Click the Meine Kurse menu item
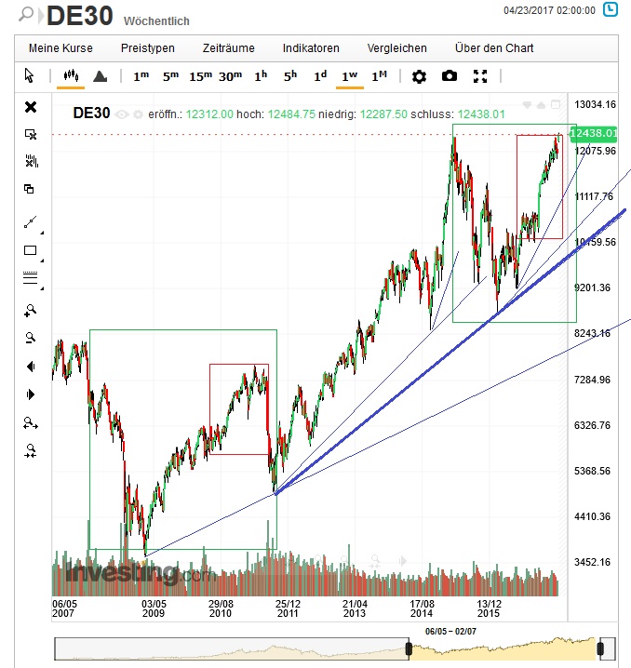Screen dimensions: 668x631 point(60,48)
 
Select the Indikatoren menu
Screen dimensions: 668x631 point(311,48)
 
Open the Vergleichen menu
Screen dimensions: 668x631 point(396,48)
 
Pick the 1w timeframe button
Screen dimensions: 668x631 point(350,76)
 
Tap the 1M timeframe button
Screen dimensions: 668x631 point(380,76)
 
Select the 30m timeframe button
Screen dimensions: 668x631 point(231,76)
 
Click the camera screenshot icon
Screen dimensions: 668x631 point(450,76)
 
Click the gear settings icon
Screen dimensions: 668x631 point(419,76)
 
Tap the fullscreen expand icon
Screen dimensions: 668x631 point(480,76)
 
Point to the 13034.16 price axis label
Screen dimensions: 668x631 point(597,105)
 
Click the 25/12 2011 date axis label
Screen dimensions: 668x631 point(287,608)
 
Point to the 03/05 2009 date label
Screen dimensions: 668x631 point(153,608)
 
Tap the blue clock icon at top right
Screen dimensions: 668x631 point(610,11)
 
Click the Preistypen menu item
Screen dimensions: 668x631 point(147,48)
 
